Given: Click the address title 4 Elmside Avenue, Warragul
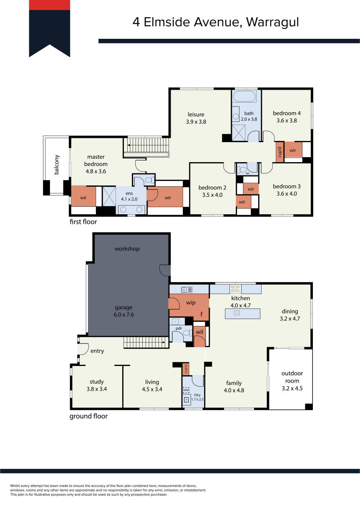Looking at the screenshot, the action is pyautogui.click(x=216, y=23).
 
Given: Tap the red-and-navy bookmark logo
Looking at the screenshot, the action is pyautogui.click(x=49, y=28).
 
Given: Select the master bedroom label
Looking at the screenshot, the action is pyautogui.click(x=96, y=160).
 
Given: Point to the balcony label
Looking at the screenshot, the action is pyautogui.click(x=56, y=165).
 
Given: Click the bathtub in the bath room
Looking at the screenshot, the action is pyautogui.click(x=244, y=96).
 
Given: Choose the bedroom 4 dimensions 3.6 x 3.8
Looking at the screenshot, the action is pyautogui.click(x=287, y=120).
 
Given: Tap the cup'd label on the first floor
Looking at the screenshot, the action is pyautogui.click(x=280, y=152).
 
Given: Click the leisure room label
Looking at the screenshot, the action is pyautogui.click(x=196, y=114).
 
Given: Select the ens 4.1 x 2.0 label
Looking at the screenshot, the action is pyautogui.click(x=129, y=196).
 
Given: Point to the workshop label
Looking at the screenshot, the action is pyautogui.click(x=127, y=248).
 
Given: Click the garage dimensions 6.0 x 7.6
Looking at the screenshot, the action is pyautogui.click(x=124, y=314).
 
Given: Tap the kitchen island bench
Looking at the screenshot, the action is pyautogui.click(x=242, y=313).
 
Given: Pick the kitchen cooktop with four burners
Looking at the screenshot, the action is pyautogui.click(x=235, y=288).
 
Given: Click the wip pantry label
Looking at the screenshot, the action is pyautogui.click(x=191, y=303).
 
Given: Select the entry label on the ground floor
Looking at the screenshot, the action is pyautogui.click(x=97, y=351).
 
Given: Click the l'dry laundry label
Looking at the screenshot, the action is pyautogui.click(x=197, y=395).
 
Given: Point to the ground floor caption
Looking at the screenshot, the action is pyautogui.click(x=88, y=416).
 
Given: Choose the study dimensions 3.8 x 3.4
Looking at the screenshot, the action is pyautogui.click(x=97, y=389).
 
